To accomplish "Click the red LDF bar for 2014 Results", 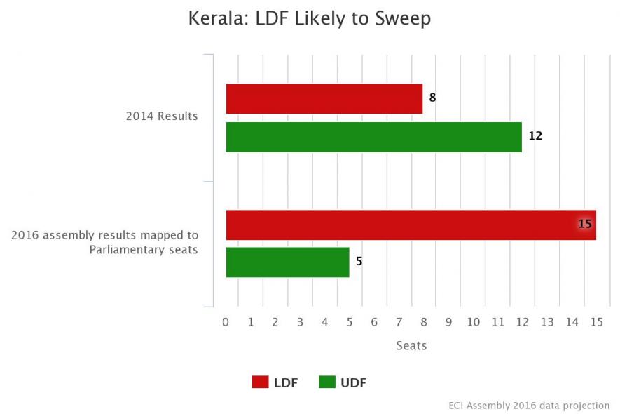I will (324, 99).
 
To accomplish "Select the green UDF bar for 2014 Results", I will (373, 137).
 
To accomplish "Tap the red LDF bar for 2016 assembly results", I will (411, 225).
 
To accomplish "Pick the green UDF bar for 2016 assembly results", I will (287, 262).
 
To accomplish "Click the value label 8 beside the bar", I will (432, 98).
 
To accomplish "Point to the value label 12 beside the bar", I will (535, 136).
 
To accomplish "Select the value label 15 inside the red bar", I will (585, 225).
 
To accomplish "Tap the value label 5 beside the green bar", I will (359, 262).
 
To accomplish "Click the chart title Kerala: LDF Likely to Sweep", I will (310, 19).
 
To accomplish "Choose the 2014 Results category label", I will (162, 116).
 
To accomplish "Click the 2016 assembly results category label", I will (105, 242).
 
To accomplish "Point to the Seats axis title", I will (411, 346).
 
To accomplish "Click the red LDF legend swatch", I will (260, 382).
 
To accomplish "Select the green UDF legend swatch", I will (327, 382).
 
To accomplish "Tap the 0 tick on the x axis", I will (226, 322).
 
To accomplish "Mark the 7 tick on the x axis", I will (399, 322).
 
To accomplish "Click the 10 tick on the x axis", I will (473, 322).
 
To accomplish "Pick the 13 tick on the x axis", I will (547, 322).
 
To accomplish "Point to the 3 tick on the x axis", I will (300, 322).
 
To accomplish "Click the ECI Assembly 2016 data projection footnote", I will (529, 406).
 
